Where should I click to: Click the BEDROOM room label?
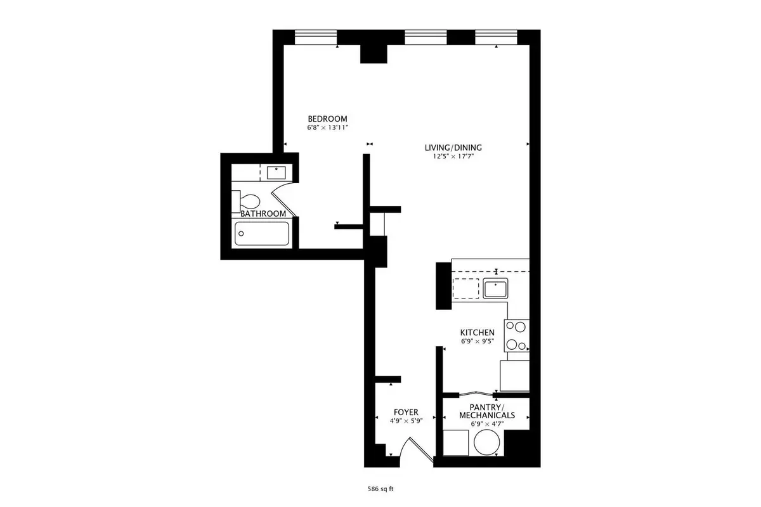pos(327,119)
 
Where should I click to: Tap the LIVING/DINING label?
pos(453,148)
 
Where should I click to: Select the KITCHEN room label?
pos(478,333)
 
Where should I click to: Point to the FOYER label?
pos(406,413)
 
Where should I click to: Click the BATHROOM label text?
pos(263,214)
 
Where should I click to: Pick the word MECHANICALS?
pos(487,415)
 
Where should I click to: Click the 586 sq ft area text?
pos(380,489)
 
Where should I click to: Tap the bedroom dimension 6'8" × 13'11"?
pos(328,127)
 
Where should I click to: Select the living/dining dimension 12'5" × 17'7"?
pos(453,157)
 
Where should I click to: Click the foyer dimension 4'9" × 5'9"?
pos(406,421)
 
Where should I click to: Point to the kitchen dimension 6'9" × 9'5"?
pos(478,342)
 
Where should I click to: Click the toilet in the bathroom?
pos(246,202)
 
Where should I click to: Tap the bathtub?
pos(262,233)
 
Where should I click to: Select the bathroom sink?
pos(276,172)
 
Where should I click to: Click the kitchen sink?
pos(496,288)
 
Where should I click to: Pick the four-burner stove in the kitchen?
pos(517,335)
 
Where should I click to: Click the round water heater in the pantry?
pos(487,442)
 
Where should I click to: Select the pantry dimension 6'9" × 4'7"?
pos(487,424)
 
